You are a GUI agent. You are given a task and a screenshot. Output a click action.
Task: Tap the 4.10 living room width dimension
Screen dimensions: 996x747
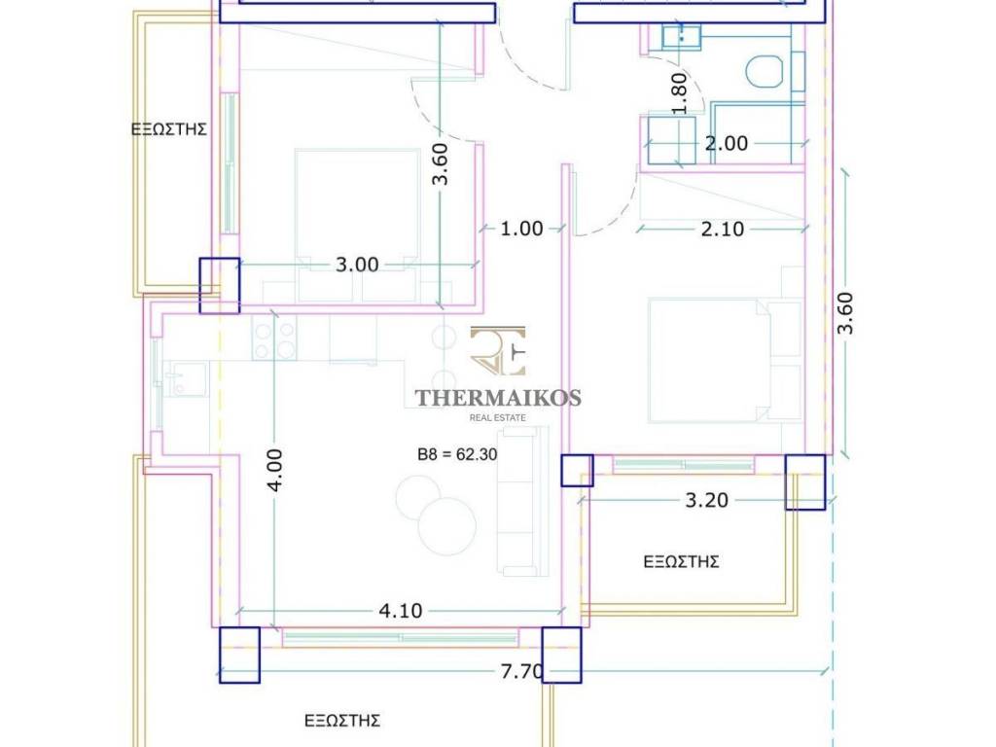click(400, 611)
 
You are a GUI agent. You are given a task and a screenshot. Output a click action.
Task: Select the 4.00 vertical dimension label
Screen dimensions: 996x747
click(274, 470)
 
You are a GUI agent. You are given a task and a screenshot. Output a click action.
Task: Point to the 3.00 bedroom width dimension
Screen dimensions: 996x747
click(357, 265)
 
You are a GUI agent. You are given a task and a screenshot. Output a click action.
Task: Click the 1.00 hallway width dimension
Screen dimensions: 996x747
click(521, 228)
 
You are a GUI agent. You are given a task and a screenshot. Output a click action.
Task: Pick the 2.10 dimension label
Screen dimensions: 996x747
click(723, 229)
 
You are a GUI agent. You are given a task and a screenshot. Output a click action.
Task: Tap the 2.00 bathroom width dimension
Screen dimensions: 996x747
click(726, 143)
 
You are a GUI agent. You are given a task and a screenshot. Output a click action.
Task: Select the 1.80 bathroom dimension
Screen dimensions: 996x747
click(679, 93)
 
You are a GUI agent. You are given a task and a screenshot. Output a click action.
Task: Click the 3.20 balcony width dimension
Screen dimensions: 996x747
click(706, 501)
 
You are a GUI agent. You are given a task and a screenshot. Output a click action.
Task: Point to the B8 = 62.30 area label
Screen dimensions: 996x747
click(457, 455)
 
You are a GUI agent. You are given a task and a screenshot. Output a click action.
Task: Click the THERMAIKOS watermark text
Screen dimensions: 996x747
click(498, 398)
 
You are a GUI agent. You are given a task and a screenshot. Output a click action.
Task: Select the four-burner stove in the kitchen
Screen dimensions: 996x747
click(274, 338)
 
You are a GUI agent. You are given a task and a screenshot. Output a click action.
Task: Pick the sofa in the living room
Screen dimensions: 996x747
click(523, 501)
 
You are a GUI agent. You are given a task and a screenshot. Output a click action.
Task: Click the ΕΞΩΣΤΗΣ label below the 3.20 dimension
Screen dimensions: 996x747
click(681, 562)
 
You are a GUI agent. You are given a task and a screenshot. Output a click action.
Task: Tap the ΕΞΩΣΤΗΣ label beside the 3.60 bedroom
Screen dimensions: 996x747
click(169, 129)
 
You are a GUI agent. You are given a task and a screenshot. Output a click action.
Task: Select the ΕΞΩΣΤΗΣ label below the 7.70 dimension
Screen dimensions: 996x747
click(342, 721)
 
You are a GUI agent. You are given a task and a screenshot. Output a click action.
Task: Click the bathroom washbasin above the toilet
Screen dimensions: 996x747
click(681, 36)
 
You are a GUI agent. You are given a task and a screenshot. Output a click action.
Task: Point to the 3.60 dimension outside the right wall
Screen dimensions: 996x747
click(845, 312)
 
